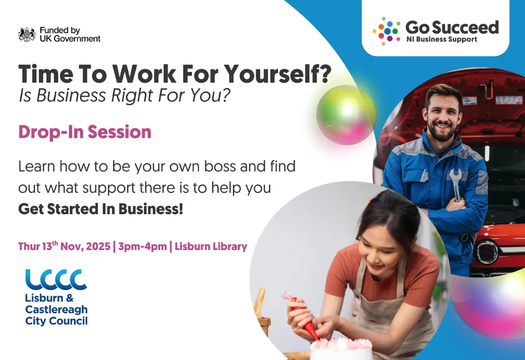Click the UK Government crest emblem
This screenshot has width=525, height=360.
click(x=27, y=35)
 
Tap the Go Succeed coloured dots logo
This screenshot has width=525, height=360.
click(x=386, y=31)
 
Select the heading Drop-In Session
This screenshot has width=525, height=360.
click(x=85, y=132)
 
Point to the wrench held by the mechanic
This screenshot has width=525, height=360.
click(x=456, y=183)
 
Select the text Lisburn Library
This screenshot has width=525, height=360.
click(x=211, y=246)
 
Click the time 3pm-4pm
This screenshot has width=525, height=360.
click(x=142, y=246)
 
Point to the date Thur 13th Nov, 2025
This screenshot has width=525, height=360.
click(x=64, y=246)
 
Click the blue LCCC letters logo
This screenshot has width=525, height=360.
click(x=56, y=280)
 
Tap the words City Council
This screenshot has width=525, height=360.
click(x=56, y=321)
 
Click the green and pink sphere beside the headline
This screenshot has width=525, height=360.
click(x=346, y=115)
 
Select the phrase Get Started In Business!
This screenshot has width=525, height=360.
click(x=100, y=209)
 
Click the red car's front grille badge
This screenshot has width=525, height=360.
click(x=487, y=251)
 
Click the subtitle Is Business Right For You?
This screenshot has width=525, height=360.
click(x=124, y=95)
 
